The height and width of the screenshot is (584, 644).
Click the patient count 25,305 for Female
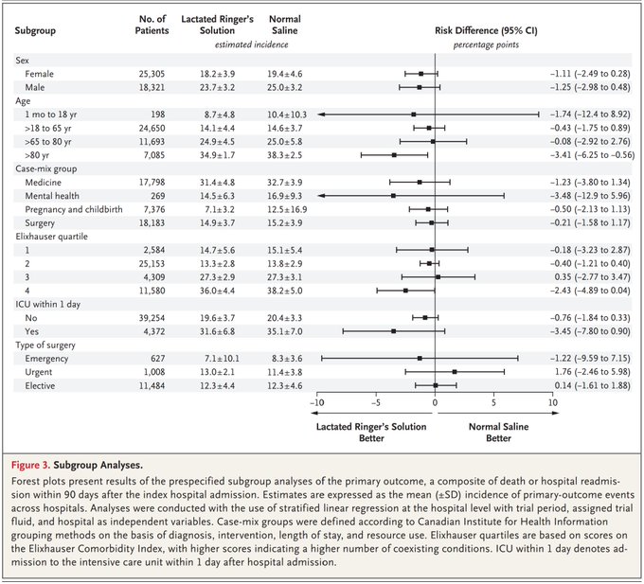click(152, 74)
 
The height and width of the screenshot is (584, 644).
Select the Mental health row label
click(52, 196)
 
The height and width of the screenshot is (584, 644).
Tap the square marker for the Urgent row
click(455, 372)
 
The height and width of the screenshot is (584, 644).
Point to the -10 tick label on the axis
click(316, 402)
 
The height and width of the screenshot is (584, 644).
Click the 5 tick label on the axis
click(493, 402)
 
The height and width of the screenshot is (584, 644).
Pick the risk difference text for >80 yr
click(592, 155)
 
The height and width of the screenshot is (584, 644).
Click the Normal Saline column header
click(285, 25)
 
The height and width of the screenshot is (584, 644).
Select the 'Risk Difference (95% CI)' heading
click(486, 30)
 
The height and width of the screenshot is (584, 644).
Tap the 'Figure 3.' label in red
click(30, 465)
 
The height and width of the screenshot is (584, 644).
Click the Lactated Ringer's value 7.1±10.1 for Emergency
click(222, 359)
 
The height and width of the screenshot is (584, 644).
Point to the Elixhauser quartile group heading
click(52, 237)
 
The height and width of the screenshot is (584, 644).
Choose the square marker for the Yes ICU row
click(393, 331)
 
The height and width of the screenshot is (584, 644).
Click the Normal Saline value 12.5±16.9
click(287, 209)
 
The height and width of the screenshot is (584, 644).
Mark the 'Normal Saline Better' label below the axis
click(498, 433)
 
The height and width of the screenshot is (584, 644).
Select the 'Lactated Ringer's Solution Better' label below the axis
click(371, 433)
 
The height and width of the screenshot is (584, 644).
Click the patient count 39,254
click(152, 318)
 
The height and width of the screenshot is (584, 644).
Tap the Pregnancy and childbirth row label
click(74, 209)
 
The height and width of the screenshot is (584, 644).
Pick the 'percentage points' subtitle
click(486, 44)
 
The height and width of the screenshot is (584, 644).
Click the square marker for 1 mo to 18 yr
click(414, 115)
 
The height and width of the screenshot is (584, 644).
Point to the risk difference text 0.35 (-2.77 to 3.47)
click(592, 277)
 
